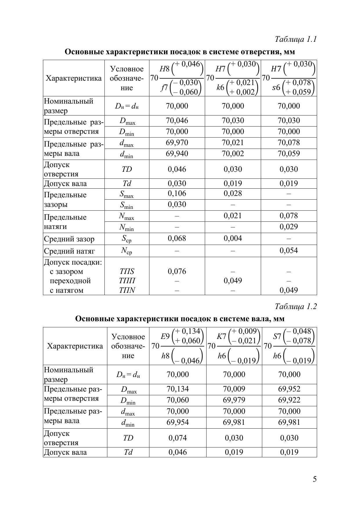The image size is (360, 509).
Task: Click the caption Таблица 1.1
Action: tap(295, 39)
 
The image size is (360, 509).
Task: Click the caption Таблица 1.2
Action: tap(295, 306)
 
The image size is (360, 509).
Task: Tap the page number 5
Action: tap(314, 479)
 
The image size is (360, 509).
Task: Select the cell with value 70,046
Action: tap(177, 120)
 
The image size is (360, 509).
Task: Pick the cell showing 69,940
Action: tap(177, 154)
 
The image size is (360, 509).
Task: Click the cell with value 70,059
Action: tap(289, 154)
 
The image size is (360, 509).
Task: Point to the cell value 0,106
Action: tap(177, 194)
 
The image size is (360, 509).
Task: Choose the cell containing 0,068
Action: tap(177, 238)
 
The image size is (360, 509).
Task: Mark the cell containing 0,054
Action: tap(289, 250)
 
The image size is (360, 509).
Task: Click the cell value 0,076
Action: tap(177, 271)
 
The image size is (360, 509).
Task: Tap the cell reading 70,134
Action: tap(178, 389)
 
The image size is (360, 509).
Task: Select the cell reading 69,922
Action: tap(289, 400)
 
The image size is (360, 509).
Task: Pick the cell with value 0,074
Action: tap(178, 438)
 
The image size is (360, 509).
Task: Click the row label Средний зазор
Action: tap(69, 239)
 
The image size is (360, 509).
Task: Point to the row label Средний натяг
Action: tap(69, 251)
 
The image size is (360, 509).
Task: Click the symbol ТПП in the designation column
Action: tap(127, 281)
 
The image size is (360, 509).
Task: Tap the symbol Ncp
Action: tap(126, 251)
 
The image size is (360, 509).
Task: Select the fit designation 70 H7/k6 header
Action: tap(233, 78)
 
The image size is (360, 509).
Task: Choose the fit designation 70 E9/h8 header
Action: tap(178, 346)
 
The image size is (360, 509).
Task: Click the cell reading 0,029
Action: tap(289, 227)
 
